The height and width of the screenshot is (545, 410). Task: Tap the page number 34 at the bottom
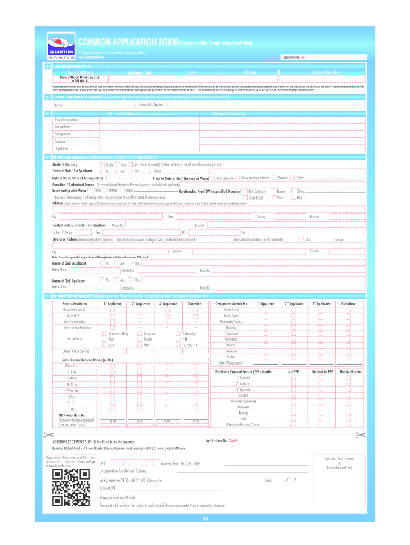tap(205, 519)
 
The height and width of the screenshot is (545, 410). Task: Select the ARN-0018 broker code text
tap(80, 81)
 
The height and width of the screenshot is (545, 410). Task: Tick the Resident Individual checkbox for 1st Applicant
tap(112, 310)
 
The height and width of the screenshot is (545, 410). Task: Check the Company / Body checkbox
tap(104, 333)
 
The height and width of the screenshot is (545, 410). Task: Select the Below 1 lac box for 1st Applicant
tap(112, 366)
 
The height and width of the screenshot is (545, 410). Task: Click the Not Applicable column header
tap(350, 371)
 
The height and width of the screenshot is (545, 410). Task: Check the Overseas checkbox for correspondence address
tap(330, 240)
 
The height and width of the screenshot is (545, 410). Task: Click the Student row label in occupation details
tap(231, 357)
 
